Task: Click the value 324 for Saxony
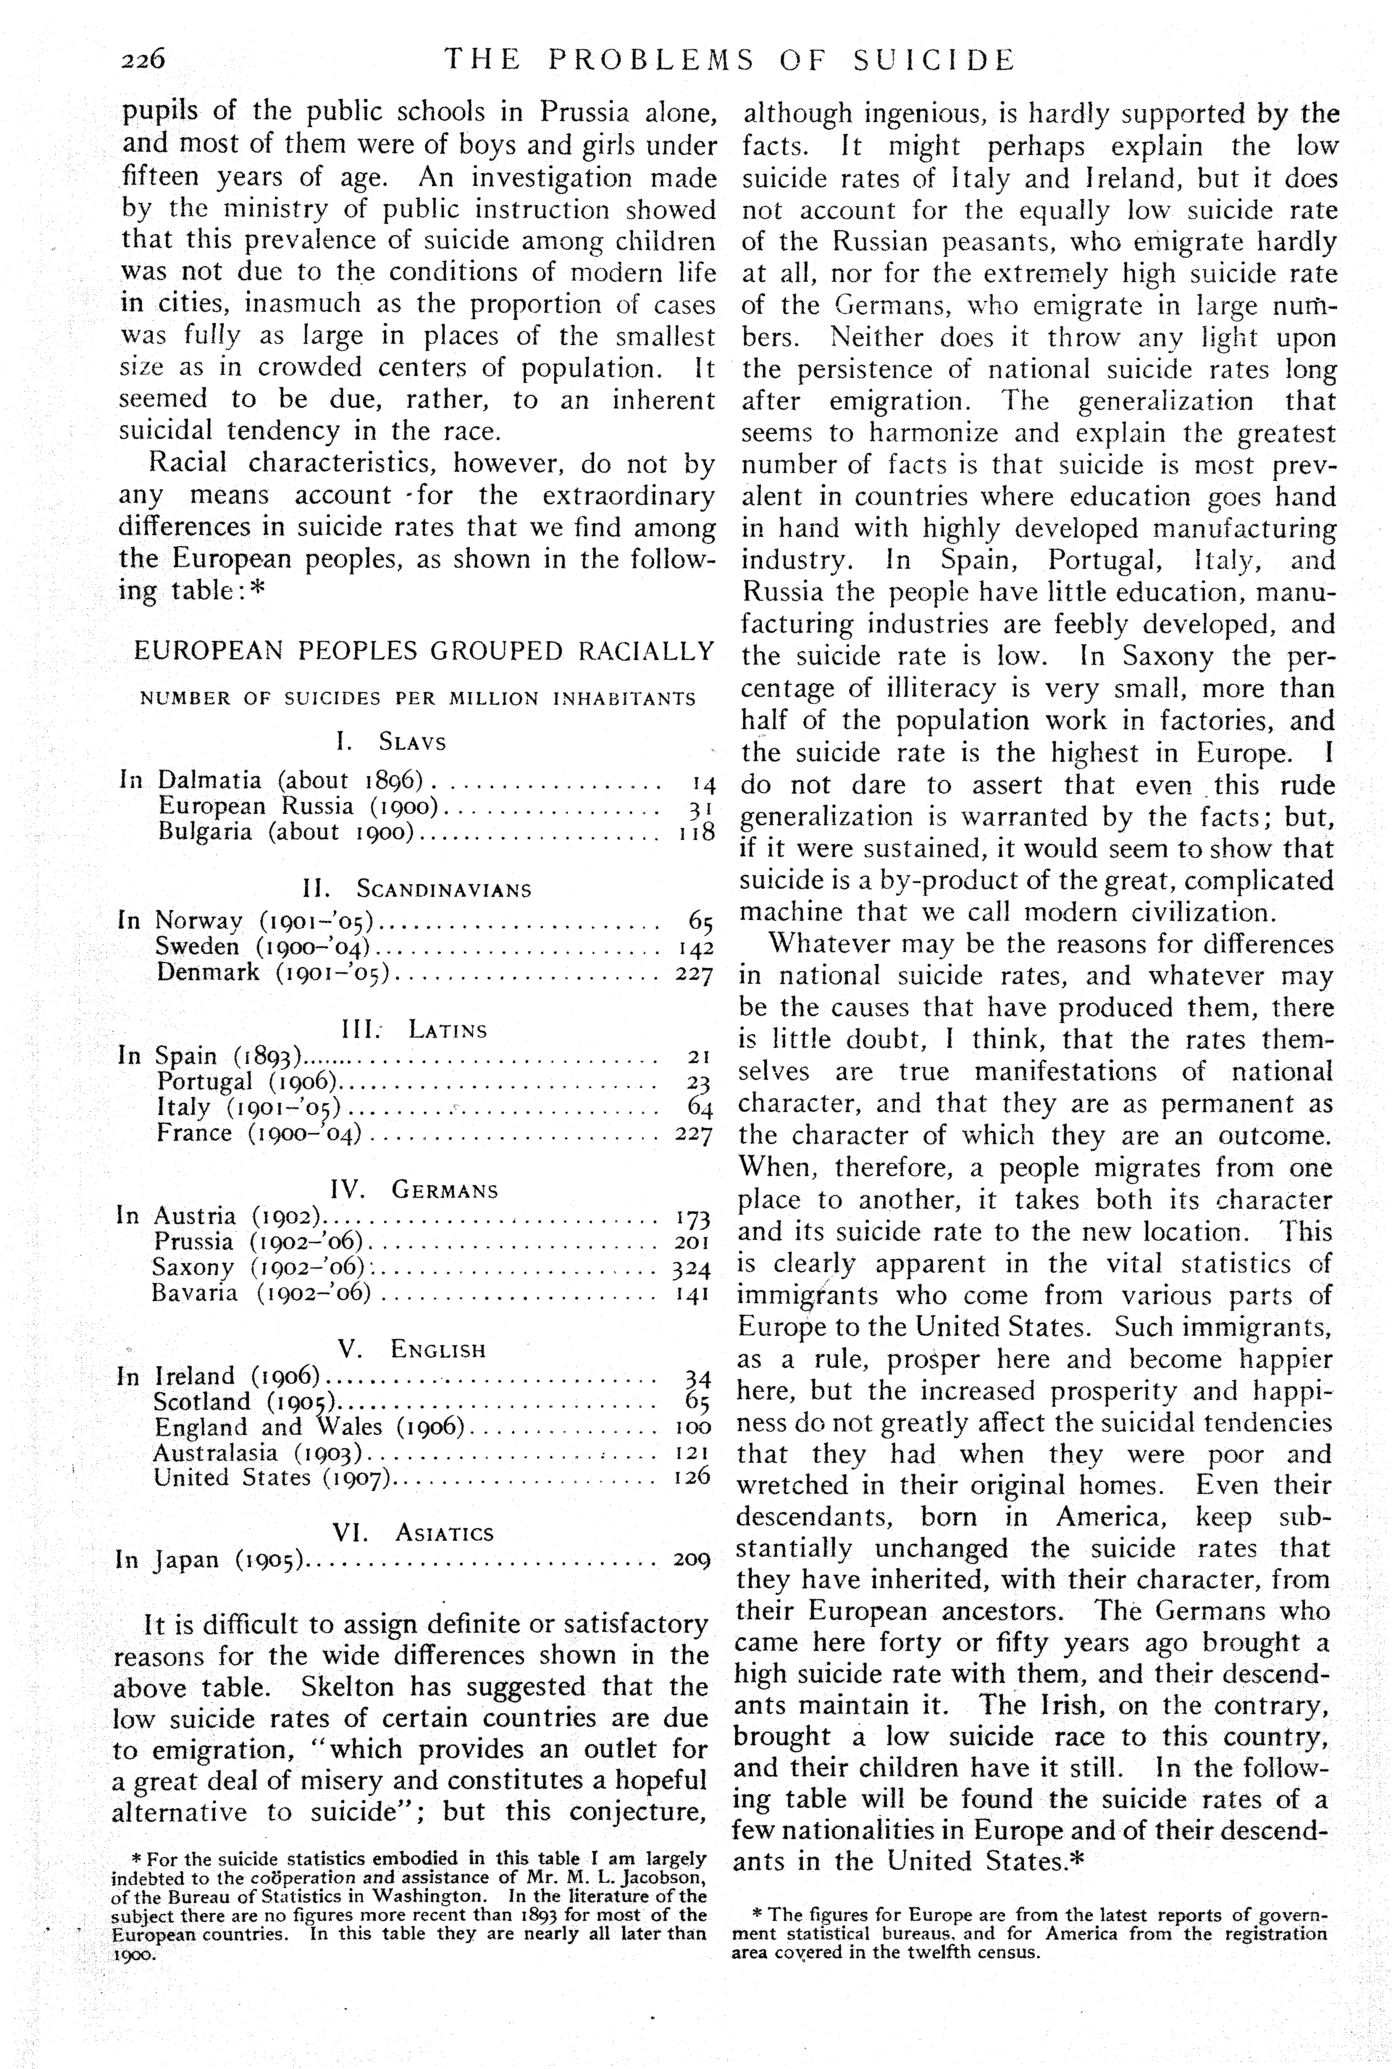click(x=691, y=1269)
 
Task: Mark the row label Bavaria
click(x=194, y=1292)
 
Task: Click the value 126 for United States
click(x=693, y=1477)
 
